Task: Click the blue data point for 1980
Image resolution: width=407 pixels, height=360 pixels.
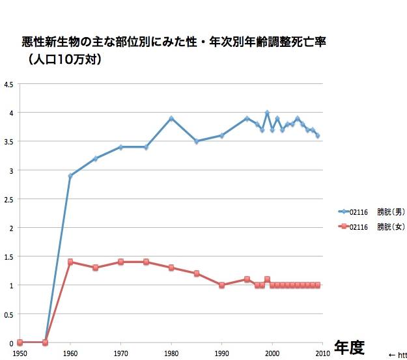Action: (171, 118)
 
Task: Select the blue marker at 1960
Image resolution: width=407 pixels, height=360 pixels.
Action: (70, 176)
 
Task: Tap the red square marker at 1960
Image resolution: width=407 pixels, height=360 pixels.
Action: (70, 262)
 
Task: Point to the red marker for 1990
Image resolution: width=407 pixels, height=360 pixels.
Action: (222, 285)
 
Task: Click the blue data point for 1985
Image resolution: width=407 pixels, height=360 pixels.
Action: (197, 141)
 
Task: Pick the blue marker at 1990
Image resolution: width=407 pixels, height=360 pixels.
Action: (222, 135)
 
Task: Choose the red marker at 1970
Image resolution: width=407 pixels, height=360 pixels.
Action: (120, 262)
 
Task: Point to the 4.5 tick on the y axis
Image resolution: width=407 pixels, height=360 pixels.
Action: (8, 84)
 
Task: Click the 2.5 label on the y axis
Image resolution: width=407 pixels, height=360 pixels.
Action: (8, 199)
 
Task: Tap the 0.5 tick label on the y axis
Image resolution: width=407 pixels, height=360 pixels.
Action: (8, 314)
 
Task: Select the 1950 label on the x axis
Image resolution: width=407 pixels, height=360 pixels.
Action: (20, 352)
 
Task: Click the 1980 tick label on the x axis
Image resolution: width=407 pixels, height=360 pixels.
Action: (171, 352)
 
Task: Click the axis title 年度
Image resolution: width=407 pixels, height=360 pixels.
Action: (349, 346)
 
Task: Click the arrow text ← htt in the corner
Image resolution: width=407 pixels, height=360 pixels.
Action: (397, 354)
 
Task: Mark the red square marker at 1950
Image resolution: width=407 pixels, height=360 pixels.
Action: (20, 342)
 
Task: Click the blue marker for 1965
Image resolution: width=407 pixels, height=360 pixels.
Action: (96, 158)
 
